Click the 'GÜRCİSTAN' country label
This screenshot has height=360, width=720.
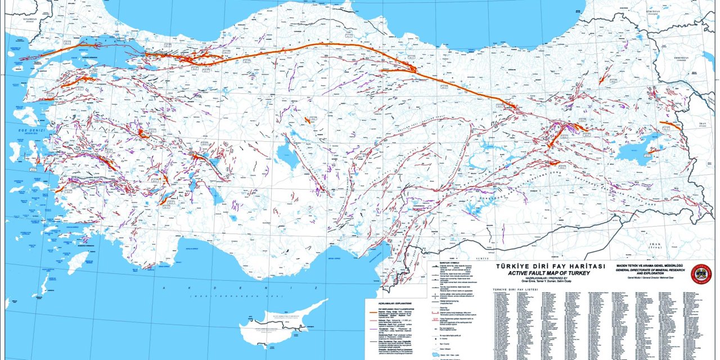[652, 11]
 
